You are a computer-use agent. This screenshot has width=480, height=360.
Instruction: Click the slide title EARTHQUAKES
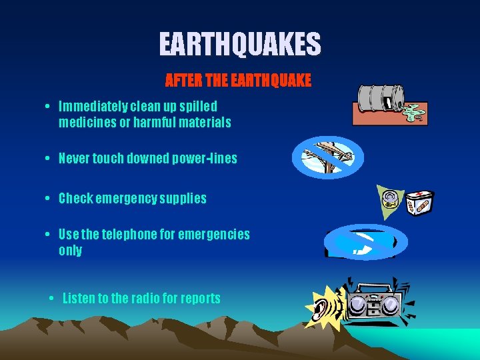240,45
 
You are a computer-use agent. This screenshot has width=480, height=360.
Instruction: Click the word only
70,251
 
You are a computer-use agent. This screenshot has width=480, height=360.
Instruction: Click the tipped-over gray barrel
380,97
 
